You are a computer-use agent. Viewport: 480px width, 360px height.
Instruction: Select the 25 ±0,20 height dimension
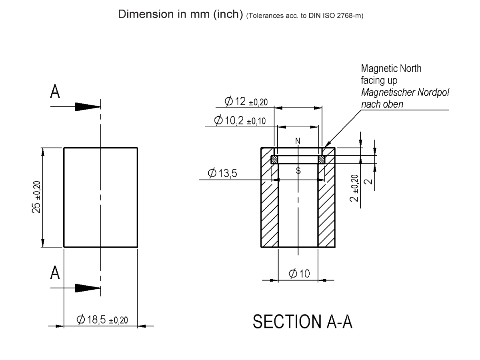click(x=36, y=197)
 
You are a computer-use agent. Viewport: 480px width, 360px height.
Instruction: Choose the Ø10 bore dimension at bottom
click(x=299, y=274)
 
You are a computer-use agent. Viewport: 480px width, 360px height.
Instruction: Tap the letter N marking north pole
click(x=298, y=141)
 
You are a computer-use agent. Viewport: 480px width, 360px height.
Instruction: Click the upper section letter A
click(x=55, y=92)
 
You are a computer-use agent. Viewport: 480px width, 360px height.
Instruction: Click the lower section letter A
click(x=55, y=273)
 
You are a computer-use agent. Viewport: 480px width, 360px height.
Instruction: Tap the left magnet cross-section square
click(x=274, y=160)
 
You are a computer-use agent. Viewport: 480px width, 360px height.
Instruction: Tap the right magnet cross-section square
click(x=322, y=160)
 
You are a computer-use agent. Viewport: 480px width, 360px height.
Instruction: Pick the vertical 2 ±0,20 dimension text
click(x=354, y=188)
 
